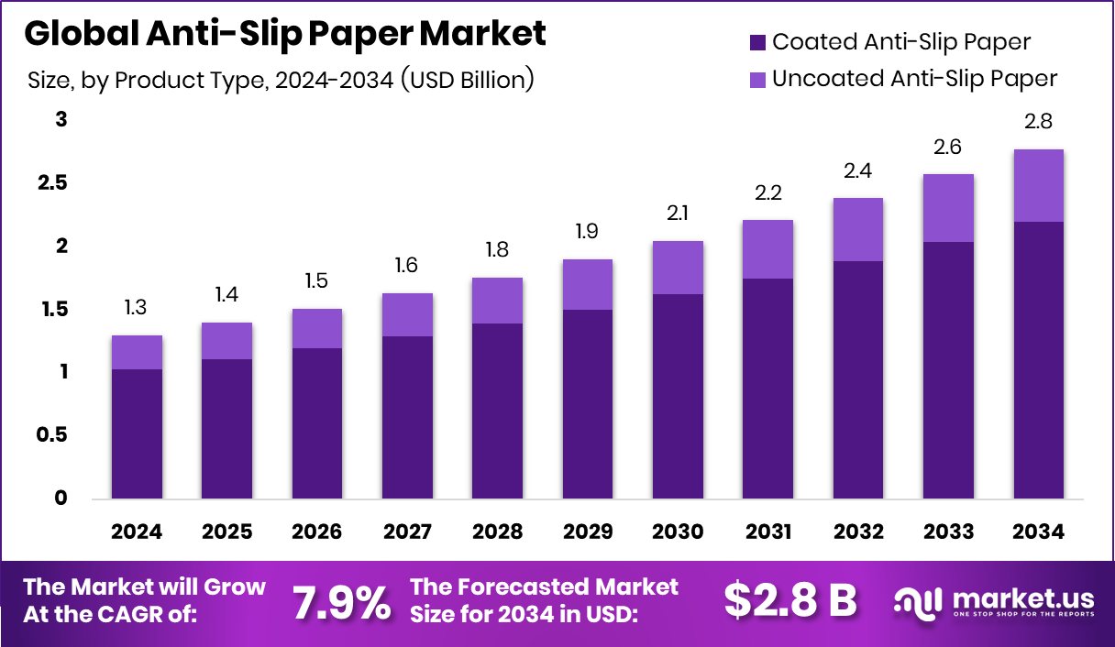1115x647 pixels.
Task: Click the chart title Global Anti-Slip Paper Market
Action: [284, 34]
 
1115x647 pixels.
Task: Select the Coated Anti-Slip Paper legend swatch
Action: [756, 42]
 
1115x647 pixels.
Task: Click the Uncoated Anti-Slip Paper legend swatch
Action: [756, 79]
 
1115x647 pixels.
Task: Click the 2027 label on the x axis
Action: [407, 532]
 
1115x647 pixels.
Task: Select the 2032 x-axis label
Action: [857, 532]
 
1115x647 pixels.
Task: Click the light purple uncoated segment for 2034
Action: [1038, 185]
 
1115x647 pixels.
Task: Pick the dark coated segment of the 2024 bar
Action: [138, 434]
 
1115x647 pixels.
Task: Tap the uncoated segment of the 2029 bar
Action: [587, 284]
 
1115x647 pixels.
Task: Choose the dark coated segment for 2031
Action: [767, 389]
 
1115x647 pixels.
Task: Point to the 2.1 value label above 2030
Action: [678, 214]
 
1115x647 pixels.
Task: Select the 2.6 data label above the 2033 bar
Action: [948, 147]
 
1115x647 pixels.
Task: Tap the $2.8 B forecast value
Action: [790, 600]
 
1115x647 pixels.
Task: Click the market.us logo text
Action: [1021, 599]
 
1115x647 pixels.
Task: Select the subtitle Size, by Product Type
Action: [281, 80]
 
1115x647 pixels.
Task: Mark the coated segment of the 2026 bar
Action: [317, 423]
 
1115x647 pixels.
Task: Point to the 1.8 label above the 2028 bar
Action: [497, 250]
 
